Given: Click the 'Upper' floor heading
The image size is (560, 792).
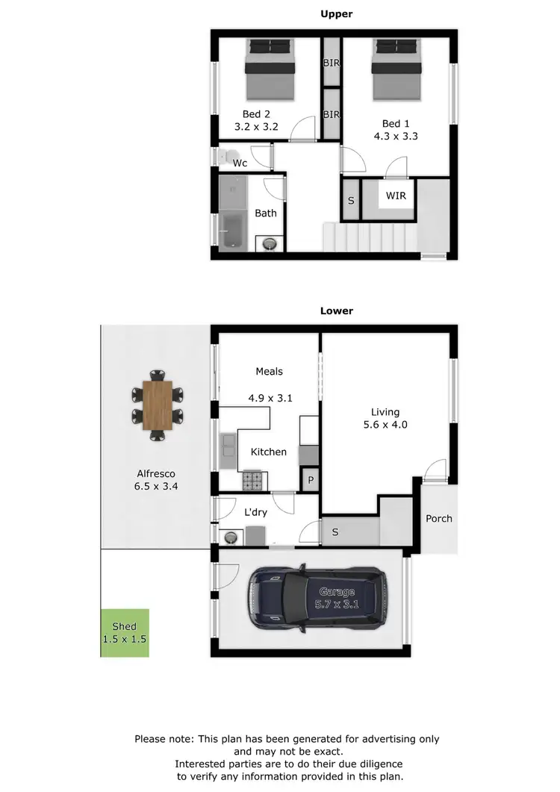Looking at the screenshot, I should coord(336,13).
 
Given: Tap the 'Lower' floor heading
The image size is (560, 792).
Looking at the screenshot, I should coord(336,311).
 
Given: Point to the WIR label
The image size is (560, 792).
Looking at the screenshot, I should coord(396,196).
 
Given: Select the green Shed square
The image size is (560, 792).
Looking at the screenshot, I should coord(125,633).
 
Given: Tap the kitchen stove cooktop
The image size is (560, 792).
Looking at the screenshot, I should coord(253,481).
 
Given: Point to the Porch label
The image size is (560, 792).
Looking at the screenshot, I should coord(439,518).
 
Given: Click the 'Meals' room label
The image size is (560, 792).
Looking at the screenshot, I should coord(269,371).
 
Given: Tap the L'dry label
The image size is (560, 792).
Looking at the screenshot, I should coord(255,512).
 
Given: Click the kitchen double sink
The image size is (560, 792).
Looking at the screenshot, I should coord(228,450).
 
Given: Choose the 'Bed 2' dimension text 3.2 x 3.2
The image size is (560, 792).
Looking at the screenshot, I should coord(256,127).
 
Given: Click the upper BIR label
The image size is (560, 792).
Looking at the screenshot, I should coord(332,63).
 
